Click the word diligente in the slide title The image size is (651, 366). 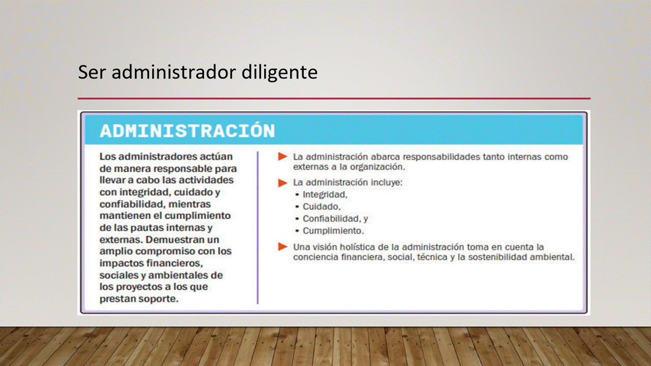[x=279, y=73]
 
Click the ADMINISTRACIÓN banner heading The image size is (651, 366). [x=188, y=131]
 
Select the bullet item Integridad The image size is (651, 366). [x=325, y=195]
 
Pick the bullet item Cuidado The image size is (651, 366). [x=321, y=206]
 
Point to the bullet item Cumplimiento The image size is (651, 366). [x=333, y=231]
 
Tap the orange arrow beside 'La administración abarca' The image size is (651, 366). [x=282, y=157]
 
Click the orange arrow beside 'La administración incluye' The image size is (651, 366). [x=282, y=182]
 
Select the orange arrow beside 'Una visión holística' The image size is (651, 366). [x=282, y=247]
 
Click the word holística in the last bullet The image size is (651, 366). [x=358, y=247]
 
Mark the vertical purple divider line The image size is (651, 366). [x=257, y=228]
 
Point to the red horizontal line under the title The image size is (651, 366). [x=334, y=99]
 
